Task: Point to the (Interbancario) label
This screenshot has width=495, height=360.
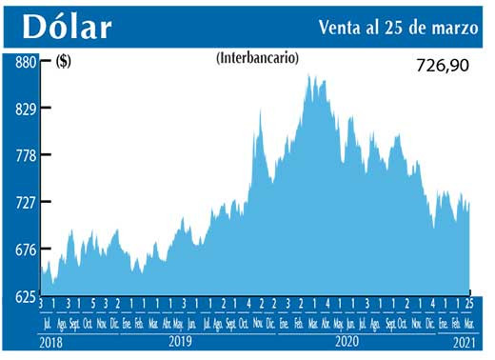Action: click(x=258, y=58)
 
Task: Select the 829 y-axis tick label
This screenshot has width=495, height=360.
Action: click(x=24, y=109)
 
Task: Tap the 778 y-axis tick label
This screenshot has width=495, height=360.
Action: click(x=24, y=155)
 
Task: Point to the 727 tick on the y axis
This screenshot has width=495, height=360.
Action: click(x=24, y=202)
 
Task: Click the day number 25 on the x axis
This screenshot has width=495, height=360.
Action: click(x=468, y=304)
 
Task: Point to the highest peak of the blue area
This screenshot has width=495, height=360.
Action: click(x=310, y=75)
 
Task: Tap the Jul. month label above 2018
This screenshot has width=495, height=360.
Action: click(x=45, y=323)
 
